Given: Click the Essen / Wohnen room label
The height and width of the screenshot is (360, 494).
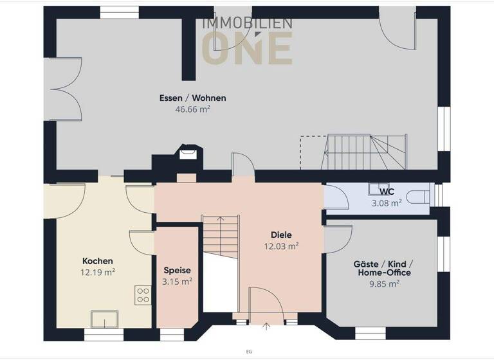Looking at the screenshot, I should point(192,98).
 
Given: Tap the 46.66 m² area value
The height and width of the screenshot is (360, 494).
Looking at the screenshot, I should point(192,109).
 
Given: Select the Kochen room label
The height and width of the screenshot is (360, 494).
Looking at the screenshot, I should point(98,261).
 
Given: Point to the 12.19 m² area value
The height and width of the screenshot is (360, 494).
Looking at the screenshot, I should point(98,272).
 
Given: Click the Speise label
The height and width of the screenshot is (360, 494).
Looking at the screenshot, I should point(177,271).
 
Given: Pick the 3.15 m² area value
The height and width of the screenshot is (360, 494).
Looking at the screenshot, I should point(177,281).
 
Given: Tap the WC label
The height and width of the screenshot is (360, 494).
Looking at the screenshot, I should point(387,192).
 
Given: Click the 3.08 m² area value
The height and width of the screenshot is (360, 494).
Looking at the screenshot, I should point(387,202).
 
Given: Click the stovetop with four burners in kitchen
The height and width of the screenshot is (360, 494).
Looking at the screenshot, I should point(143,295).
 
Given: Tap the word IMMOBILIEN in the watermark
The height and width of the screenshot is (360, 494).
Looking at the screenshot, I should point(248,23).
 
